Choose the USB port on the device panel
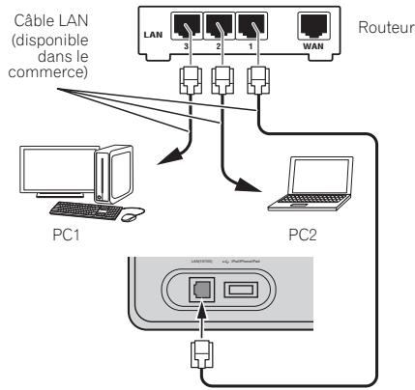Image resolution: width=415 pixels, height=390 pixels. (242, 289)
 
